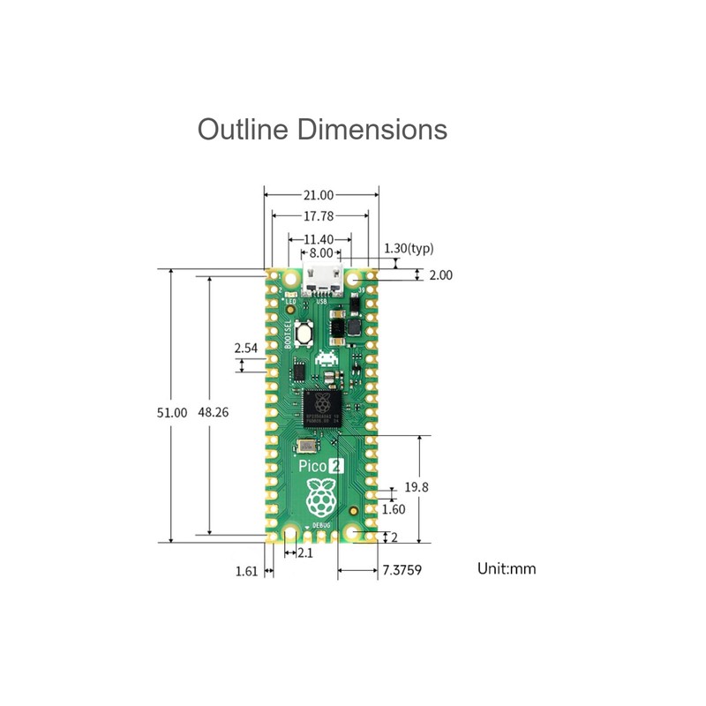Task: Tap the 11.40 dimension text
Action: pos(318,239)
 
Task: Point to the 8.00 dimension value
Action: pos(320,252)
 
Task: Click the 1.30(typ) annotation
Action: pos(409,249)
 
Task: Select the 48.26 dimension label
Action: pos(213,412)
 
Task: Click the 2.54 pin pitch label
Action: pos(246,349)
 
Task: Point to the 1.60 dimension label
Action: pos(394,509)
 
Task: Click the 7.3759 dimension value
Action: pos(402,570)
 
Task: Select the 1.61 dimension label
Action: pos(246,571)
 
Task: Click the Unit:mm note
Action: pos(507,568)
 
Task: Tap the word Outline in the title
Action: pos(243,129)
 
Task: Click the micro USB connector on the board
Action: pos(321,281)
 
